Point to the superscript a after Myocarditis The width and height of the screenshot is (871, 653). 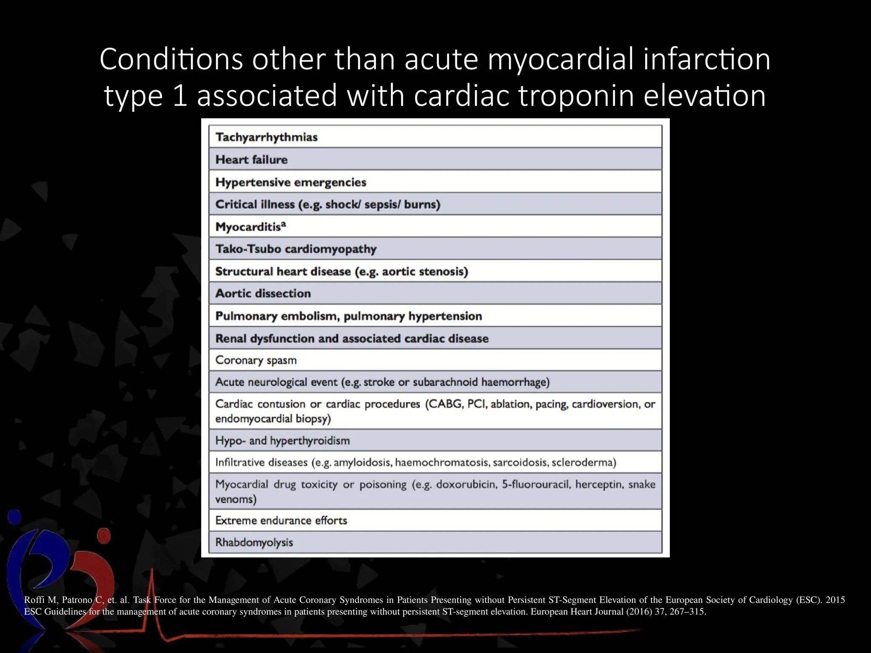284,224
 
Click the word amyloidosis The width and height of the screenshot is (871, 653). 362,463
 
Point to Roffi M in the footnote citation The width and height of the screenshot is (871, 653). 40,600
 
